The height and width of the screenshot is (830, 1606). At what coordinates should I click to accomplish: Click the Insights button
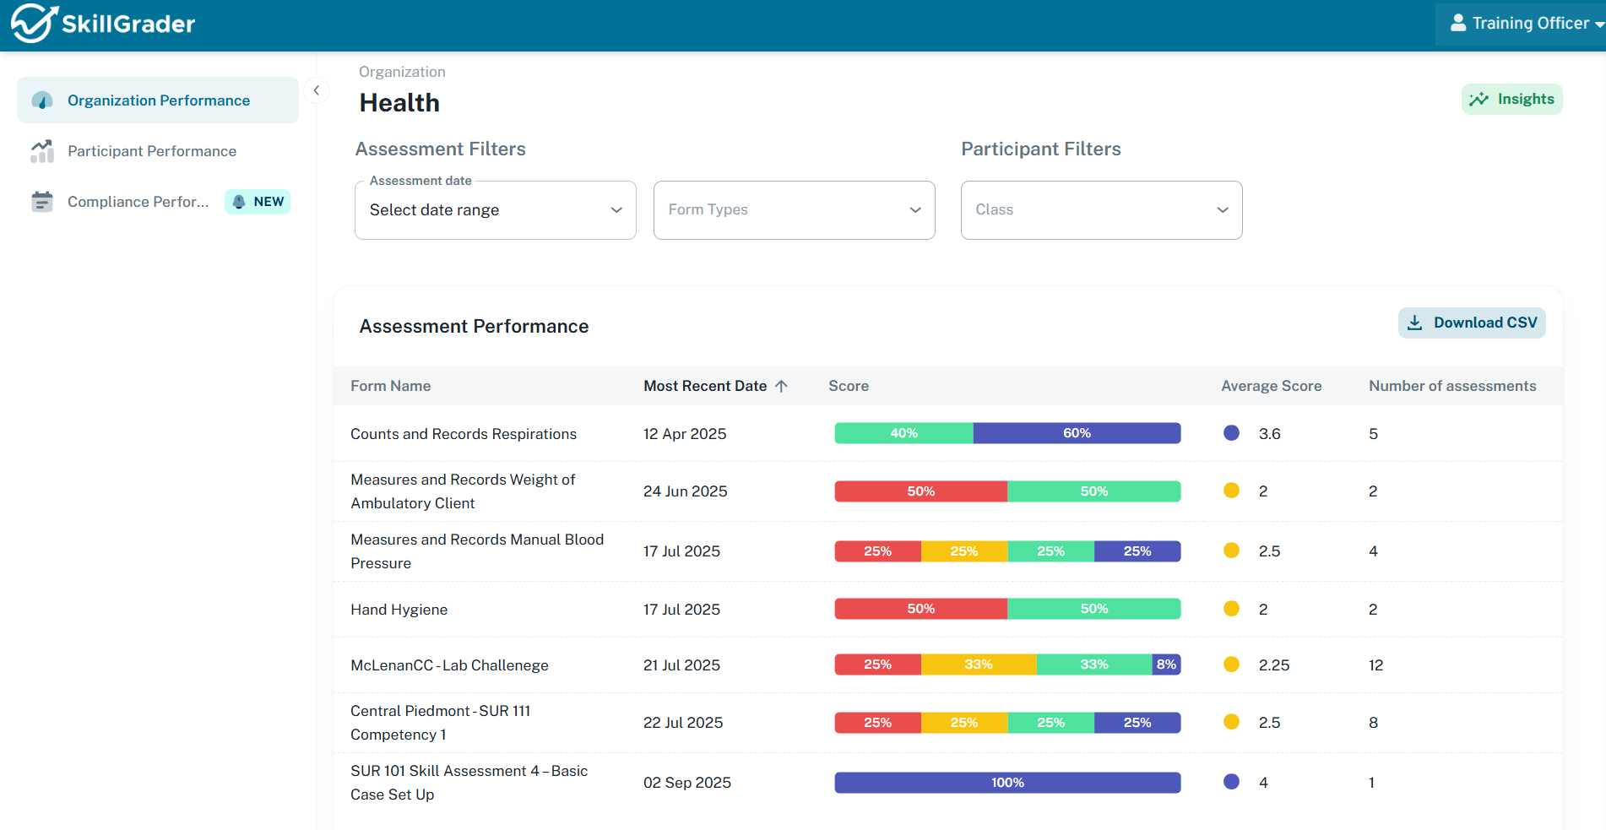[1511, 100]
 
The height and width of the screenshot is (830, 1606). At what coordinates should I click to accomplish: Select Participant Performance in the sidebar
[152, 151]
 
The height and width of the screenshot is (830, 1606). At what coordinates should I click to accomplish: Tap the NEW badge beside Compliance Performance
[258, 202]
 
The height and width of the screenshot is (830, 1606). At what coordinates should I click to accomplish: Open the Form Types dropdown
[794, 210]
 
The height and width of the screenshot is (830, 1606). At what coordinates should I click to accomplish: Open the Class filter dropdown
[1101, 210]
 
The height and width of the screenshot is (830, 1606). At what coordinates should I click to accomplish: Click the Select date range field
[495, 210]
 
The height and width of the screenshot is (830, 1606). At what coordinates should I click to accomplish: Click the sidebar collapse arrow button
[317, 90]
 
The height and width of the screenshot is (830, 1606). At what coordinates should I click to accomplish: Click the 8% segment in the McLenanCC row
[1166, 665]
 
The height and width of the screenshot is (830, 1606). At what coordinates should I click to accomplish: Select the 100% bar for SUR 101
[1007, 783]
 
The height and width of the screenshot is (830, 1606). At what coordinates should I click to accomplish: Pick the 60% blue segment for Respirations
[1077, 433]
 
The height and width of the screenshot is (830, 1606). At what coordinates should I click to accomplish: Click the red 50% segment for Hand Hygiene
[920, 609]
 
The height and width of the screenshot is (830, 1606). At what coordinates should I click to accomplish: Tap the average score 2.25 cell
[1273, 665]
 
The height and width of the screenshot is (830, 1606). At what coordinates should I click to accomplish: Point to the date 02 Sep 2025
[686, 783]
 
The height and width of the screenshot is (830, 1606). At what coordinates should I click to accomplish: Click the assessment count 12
[1375, 665]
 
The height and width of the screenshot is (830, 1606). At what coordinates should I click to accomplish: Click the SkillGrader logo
[103, 24]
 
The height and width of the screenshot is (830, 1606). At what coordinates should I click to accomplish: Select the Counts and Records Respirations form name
[464, 434]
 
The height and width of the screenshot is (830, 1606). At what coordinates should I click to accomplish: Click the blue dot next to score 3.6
[1231, 433]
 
